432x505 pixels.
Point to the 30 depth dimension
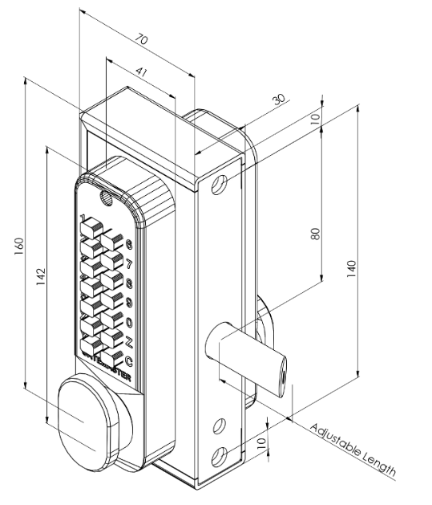tap(278, 100)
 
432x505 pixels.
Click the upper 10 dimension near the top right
tap(315, 118)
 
